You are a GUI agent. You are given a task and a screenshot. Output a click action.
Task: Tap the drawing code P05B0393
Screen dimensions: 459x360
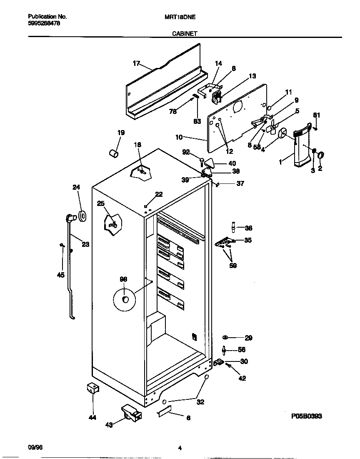[x=306, y=416]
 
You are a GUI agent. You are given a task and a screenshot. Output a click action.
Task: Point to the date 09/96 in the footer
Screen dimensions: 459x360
[x=35, y=448]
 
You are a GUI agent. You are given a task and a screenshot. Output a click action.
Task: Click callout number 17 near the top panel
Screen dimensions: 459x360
[x=136, y=63]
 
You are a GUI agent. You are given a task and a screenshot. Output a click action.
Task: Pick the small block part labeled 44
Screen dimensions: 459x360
[x=92, y=389]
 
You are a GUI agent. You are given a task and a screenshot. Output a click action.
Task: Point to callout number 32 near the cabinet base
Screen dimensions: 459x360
[x=200, y=402]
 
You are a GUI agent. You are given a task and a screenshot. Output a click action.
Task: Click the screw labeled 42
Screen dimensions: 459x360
[x=229, y=366]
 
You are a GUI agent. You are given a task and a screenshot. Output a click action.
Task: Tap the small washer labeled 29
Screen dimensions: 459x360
[x=225, y=337]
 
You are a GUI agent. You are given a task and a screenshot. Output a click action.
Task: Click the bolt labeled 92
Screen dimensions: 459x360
[x=202, y=160]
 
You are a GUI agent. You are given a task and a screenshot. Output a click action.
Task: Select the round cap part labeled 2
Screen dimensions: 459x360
[x=321, y=156]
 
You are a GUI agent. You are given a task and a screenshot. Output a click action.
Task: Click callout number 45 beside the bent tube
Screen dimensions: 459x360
[x=61, y=275]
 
